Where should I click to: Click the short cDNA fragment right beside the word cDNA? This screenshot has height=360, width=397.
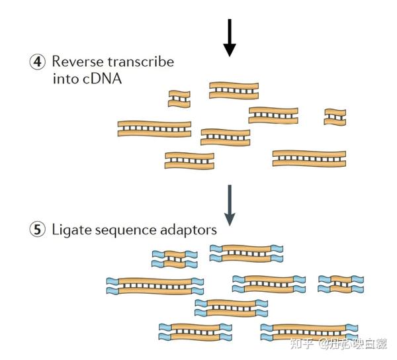pyautogui.click(x=178, y=99)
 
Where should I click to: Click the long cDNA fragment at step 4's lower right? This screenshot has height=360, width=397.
pyautogui.click(x=309, y=157)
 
